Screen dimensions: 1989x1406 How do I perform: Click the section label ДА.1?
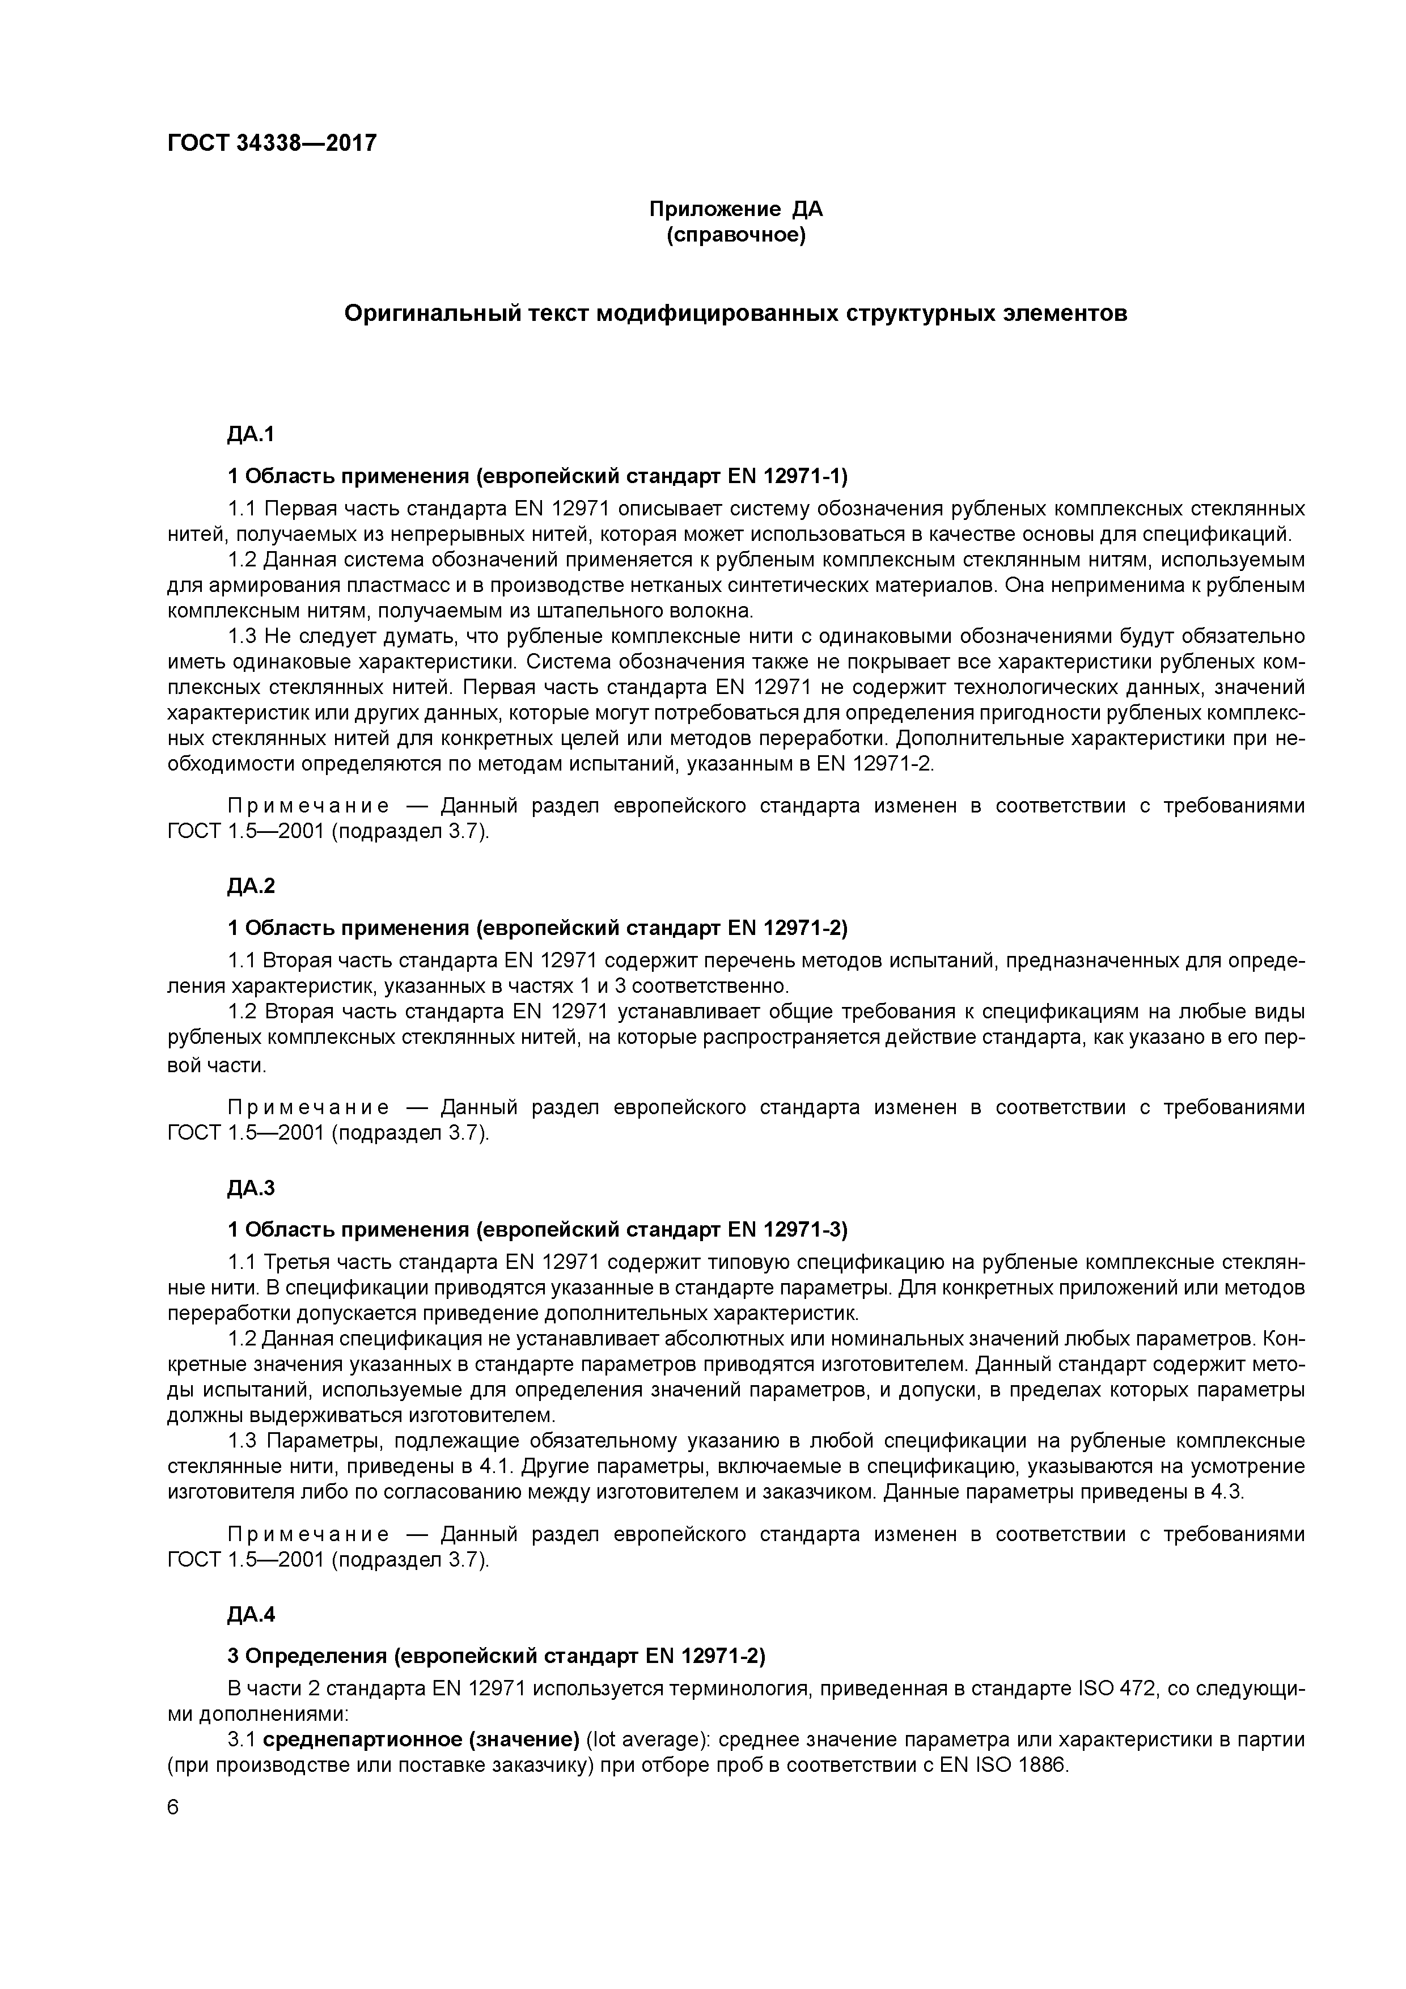[251, 434]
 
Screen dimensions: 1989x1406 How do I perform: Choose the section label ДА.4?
[251, 1614]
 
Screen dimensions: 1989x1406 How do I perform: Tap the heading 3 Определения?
[307, 1656]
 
